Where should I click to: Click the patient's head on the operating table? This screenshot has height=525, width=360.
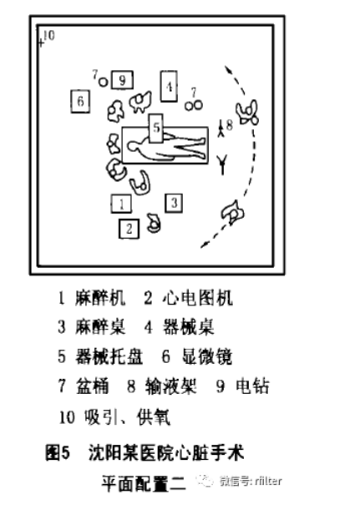click(x=134, y=146)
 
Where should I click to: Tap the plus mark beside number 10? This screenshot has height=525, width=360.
click(x=41, y=43)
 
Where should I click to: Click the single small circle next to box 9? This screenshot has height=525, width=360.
click(x=104, y=82)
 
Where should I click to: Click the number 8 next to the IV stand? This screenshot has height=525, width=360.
click(x=229, y=125)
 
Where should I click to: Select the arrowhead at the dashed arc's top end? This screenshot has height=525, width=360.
click(x=227, y=69)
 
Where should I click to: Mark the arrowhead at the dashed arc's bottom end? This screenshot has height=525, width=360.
click(x=203, y=245)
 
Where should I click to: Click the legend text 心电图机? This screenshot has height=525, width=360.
click(x=197, y=298)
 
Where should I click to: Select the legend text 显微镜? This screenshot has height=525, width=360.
click(x=207, y=356)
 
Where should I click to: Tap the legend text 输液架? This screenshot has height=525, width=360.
click(x=170, y=386)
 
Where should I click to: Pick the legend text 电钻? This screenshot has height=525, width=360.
click(x=252, y=386)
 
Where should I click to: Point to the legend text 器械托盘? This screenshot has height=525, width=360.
click(x=109, y=356)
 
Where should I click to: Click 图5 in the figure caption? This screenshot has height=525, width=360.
click(x=58, y=452)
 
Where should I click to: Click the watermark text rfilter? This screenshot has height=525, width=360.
click(x=268, y=481)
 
